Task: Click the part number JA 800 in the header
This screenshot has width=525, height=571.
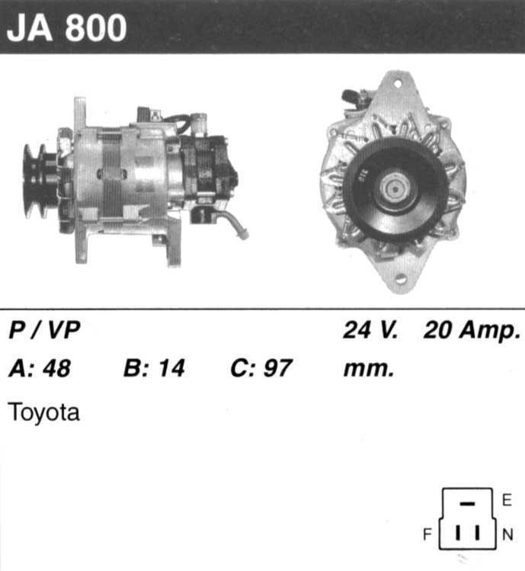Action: pyautogui.click(x=66, y=27)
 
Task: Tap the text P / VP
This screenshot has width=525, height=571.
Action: pyautogui.click(x=44, y=330)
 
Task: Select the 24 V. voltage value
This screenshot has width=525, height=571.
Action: pyautogui.click(x=370, y=330)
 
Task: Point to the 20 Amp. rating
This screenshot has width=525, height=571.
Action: pyautogui.click(x=472, y=331)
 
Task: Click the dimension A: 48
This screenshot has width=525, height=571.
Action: pyautogui.click(x=40, y=367)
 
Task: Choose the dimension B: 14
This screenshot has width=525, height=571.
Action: pyautogui.click(x=154, y=367)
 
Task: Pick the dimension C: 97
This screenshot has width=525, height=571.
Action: pyautogui.click(x=261, y=367)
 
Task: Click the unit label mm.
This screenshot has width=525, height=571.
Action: pyautogui.click(x=369, y=370)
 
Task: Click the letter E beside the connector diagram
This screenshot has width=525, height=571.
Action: pyautogui.click(x=507, y=500)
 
